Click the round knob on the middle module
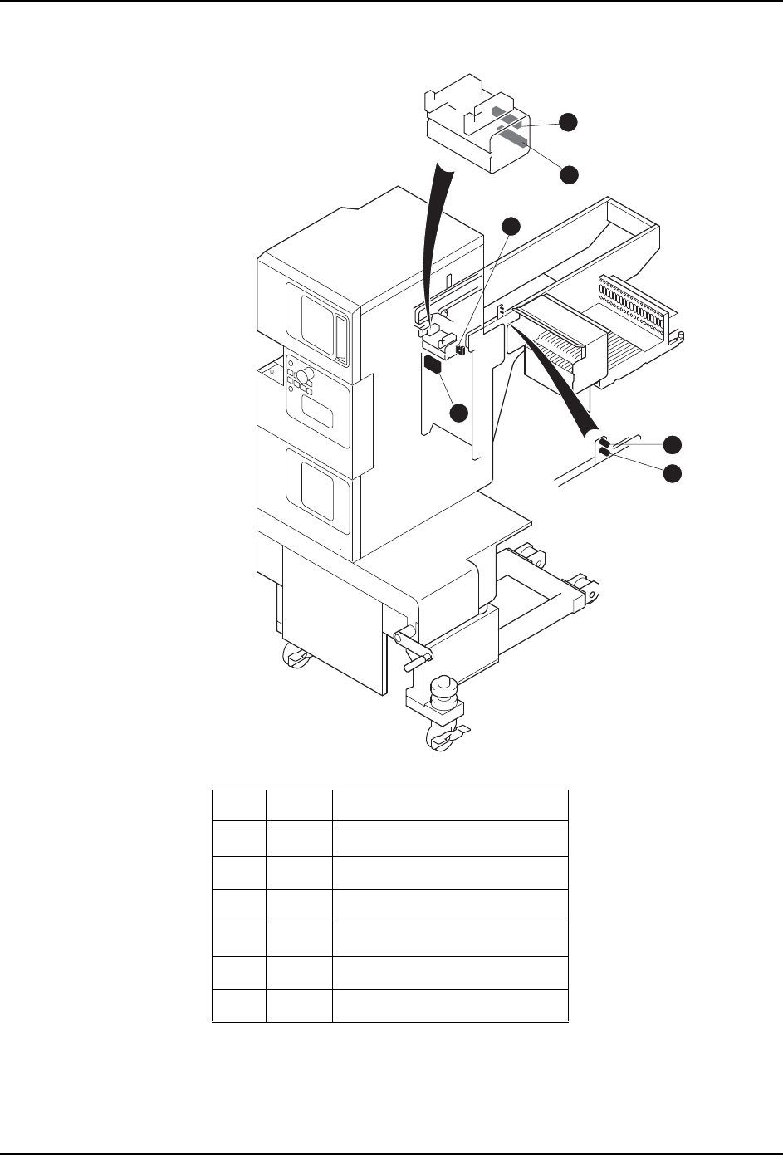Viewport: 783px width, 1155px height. click(x=305, y=377)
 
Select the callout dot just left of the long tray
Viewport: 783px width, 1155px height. click(x=512, y=226)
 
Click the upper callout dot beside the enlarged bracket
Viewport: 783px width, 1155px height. click(x=568, y=121)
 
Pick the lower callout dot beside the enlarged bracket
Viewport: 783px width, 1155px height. click(x=568, y=174)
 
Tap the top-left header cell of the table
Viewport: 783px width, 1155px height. click(x=239, y=805)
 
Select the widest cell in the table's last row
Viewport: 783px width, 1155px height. click(x=449, y=1005)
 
